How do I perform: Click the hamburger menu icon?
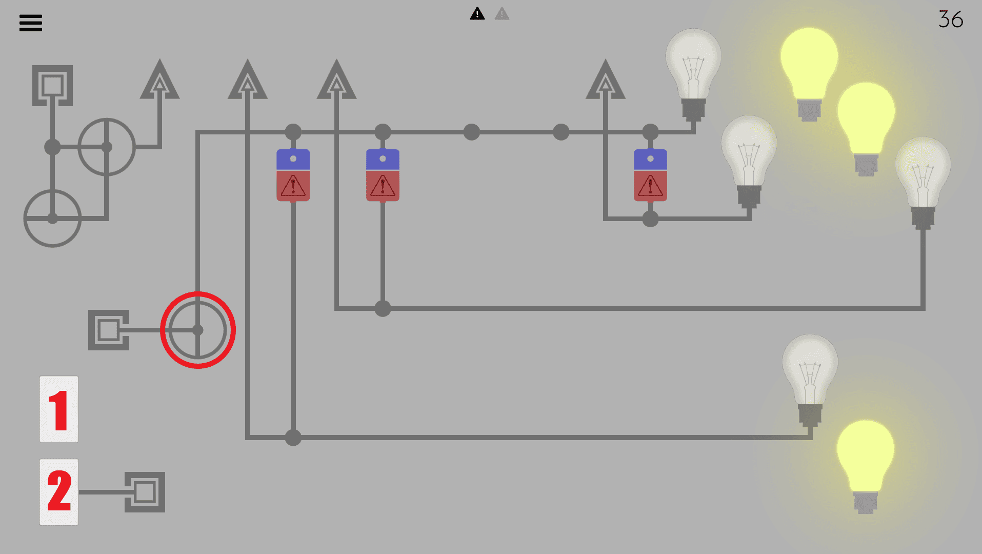(x=31, y=23)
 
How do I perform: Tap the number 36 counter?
(x=950, y=19)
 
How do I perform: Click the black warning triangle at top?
(x=477, y=14)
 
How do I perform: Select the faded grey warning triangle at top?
(x=502, y=14)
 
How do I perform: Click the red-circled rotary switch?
(x=198, y=330)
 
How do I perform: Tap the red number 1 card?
(x=59, y=409)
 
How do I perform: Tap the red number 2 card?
(x=59, y=491)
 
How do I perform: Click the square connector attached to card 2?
(x=145, y=492)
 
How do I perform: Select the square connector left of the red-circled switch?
(x=109, y=330)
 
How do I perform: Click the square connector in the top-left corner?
(x=52, y=85)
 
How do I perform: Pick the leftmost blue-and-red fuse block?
(x=293, y=175)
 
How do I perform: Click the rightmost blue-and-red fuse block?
(x=650, y=175)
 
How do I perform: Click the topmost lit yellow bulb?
(x=809, y=72)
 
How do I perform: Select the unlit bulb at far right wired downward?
(x=923, y=180)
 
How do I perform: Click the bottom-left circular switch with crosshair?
(x=52, y=219)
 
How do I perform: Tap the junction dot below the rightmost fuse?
(x=650, y=219)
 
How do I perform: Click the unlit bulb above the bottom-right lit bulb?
(x=810, y=377)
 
